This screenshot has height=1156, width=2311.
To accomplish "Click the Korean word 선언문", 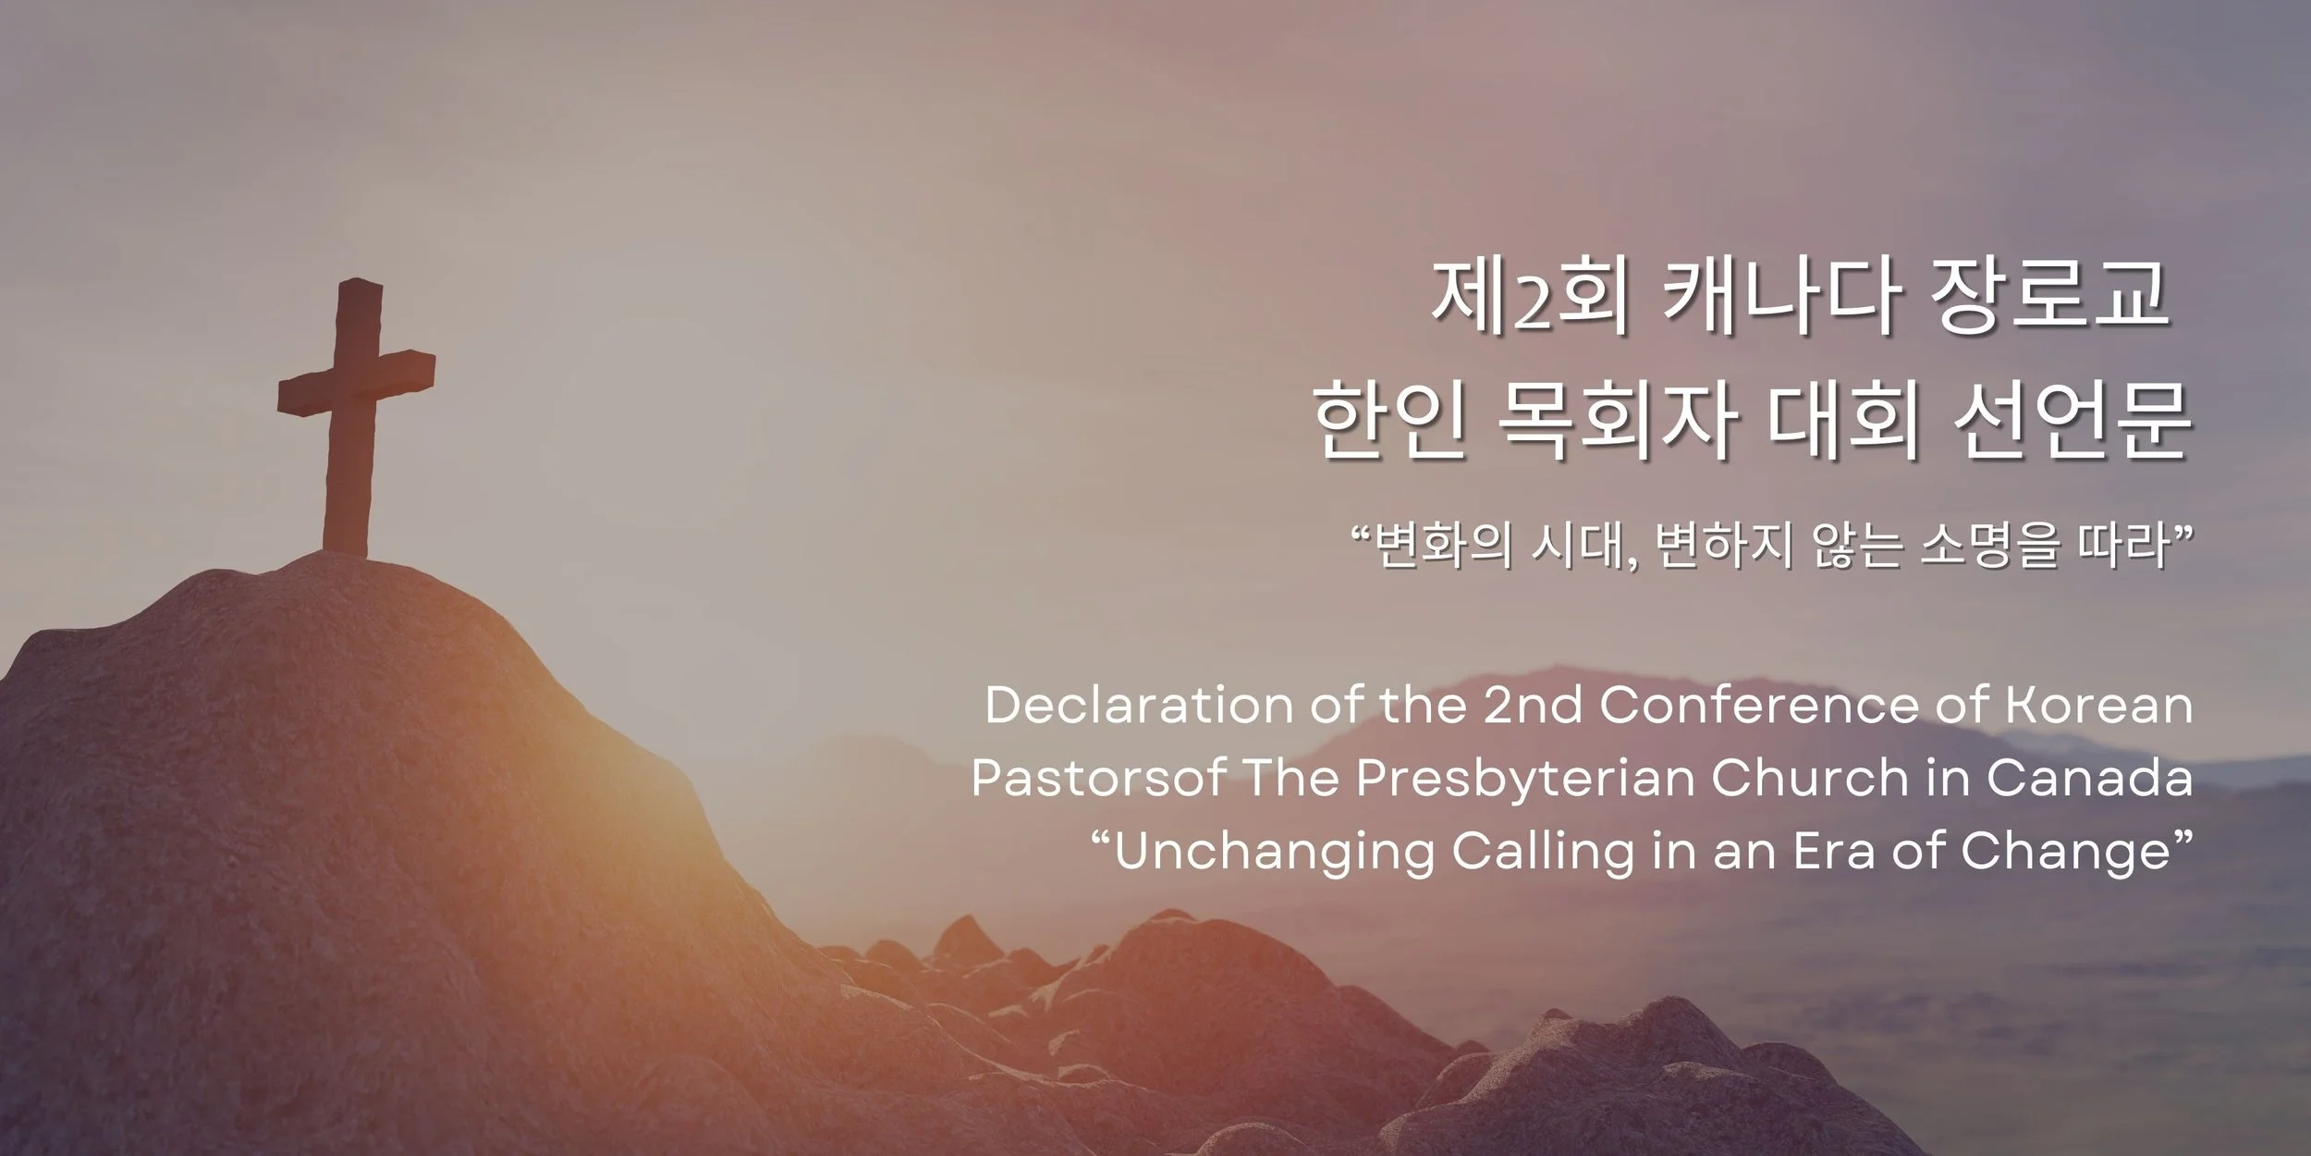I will tap(2071, 423).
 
